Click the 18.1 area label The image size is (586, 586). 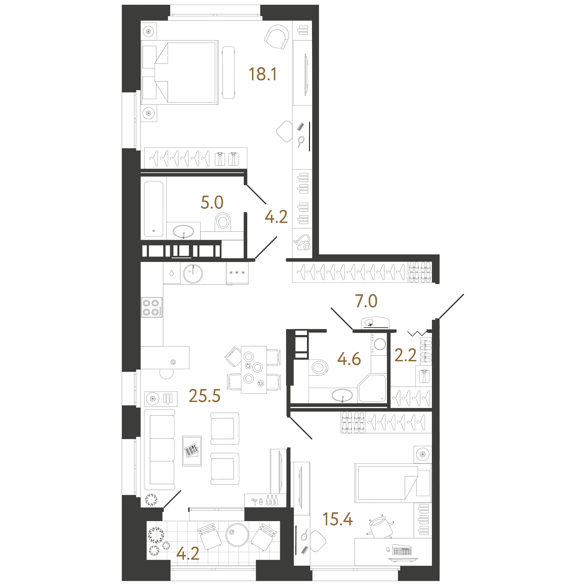click(x=263, y=74)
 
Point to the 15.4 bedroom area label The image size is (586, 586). click(x=338, y=519)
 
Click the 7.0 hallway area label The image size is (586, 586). click(x=366, y=301)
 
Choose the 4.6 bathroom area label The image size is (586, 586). click(x=349, y=359)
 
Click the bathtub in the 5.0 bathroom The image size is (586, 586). click(x=153, y=209)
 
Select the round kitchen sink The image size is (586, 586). click(x=193, y=274)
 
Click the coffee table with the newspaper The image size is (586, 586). click(x=192, y=451)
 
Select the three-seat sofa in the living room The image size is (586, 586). click(x=159, y=450)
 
